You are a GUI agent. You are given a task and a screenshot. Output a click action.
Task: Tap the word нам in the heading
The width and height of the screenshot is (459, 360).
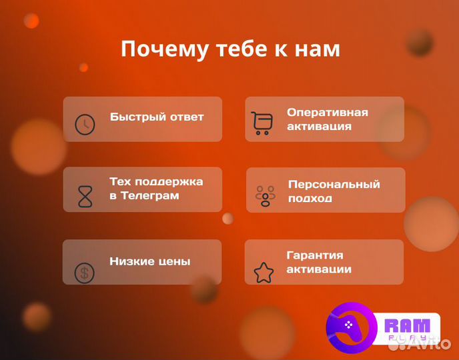point(318,49)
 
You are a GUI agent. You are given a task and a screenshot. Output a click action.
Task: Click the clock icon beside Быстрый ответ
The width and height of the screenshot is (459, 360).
point(85,125)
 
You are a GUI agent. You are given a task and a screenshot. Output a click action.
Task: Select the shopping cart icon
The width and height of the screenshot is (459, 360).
point(262,123)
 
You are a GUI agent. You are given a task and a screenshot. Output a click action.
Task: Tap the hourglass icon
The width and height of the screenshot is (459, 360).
point(85,196)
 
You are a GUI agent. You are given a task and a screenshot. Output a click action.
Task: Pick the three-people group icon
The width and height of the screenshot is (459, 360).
point(266,195)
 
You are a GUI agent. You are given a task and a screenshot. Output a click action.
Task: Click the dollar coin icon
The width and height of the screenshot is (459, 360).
point(84,272)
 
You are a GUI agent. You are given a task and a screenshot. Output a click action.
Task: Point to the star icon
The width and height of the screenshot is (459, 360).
point(264,271)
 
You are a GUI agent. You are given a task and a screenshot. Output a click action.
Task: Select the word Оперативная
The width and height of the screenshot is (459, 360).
point(328,112)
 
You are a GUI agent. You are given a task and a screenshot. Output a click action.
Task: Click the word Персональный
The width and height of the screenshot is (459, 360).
point(334,184)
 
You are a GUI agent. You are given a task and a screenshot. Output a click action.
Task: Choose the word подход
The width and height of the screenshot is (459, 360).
point(310,199)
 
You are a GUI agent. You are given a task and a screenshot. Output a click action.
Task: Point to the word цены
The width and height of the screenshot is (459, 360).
point(173,261)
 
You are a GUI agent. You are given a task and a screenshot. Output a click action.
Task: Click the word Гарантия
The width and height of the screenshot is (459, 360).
point(315,255)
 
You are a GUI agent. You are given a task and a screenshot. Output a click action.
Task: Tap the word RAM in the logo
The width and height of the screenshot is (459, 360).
point(408,326)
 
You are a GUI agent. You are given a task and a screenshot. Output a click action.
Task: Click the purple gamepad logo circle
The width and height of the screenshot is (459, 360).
point(352,329)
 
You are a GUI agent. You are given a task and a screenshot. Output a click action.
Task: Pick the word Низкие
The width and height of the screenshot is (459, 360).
point(131,261)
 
